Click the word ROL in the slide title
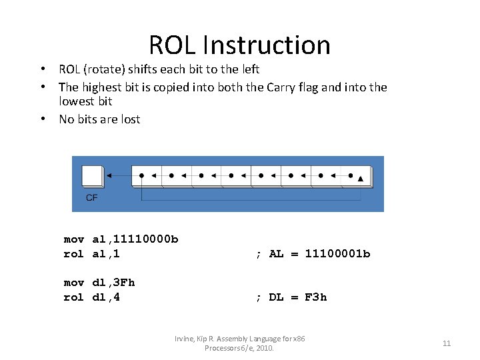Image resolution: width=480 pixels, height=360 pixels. click(173, 45)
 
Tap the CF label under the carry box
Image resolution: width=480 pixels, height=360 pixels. click(91, 197)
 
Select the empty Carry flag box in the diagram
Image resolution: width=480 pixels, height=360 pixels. click(92, 176)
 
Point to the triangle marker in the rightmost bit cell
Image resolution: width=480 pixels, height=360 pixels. click(361, 179)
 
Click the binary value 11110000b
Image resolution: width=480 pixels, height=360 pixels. click(145, 239)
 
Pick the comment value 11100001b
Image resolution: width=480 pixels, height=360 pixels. click(337, 253)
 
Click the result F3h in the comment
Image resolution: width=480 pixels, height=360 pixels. click(316, 297)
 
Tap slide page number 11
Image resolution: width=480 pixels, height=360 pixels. click(447, 343)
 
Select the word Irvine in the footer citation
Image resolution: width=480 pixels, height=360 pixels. click(184, 339)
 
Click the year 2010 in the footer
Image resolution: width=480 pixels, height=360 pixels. click(263, 348)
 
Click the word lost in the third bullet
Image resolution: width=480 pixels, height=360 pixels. click(129, 119)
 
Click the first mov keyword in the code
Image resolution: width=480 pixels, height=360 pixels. click(74, 239)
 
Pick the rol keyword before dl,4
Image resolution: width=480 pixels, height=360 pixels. click(74, 297)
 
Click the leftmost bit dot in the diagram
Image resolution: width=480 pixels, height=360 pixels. click(141, 176)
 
